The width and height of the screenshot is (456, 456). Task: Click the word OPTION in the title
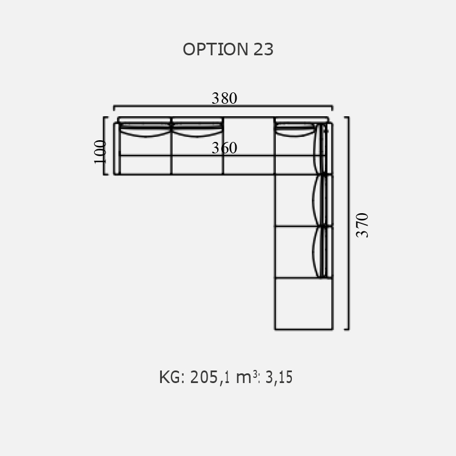point(215,49)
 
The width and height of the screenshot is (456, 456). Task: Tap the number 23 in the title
point(263,49)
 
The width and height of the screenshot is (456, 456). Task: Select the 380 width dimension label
point(224,98)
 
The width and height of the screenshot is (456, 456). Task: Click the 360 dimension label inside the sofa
point(224,148)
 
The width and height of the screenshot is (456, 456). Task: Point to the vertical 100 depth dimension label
point(100,152)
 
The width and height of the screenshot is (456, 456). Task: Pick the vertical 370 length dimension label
point(362,225)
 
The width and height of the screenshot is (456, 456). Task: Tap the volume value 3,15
point(279,377)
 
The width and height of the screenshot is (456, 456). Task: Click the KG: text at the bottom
point(172,377)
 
